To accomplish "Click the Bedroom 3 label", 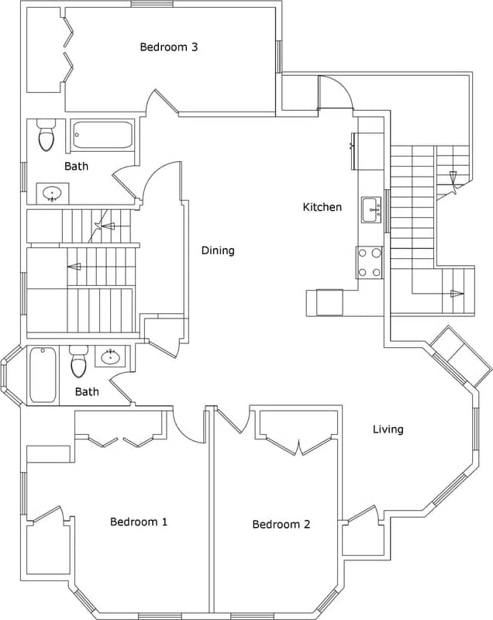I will pos(168,47).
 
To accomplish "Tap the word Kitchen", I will pos(322,207).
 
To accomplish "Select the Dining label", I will pos(218,250).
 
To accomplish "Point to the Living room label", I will pos(388,429).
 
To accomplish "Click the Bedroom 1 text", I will pos(139,522).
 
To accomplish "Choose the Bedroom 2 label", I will pos(281,525).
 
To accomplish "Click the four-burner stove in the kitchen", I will pos(370,262).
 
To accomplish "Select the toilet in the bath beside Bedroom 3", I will pos(47,136).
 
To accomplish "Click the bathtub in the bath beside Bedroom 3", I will pos(103,135).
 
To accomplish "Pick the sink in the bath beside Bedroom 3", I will pos(53,193).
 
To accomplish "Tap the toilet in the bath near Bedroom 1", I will pos(79,362).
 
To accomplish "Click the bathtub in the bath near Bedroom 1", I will pos(43,375).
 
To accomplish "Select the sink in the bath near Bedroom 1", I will pos(110,357).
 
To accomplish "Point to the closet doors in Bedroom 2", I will pos(298,445).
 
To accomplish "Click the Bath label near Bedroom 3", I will pos(76,166).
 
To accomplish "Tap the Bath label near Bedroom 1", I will pos(87,391).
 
